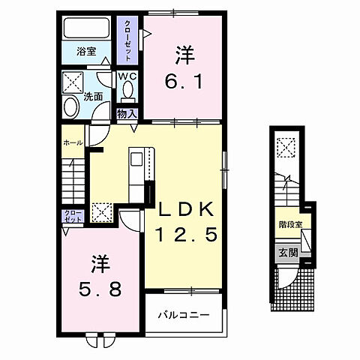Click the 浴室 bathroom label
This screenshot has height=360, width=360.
coord(87,52)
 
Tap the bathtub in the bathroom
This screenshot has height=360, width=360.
coord(87,29)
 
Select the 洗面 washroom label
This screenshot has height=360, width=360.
coord(93,97)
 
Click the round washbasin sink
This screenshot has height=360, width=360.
coord(70,106)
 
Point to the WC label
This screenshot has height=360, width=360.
coord(126,76)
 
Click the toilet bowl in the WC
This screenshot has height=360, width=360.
coord(127,91)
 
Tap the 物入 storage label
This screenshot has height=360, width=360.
coord(127,113)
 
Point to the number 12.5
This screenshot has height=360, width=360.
coord(186,235)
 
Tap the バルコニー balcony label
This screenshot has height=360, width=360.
coord(183,314)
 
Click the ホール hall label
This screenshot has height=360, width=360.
coord(72,142)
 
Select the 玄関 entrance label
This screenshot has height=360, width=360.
coord(286,252)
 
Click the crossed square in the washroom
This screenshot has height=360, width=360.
coord(72,80)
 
